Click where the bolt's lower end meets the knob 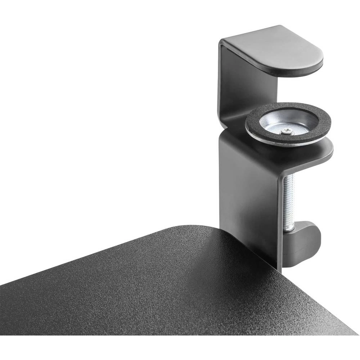(289, 229)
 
